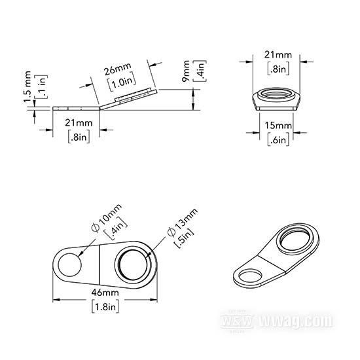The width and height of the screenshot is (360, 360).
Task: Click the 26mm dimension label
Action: pos(118,69)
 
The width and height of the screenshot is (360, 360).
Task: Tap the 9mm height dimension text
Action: pos(186,71)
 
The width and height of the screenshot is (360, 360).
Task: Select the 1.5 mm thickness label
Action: pos(27,87)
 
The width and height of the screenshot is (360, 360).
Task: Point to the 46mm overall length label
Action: pos(105,293)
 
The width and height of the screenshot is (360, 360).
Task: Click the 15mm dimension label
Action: pos(278,126)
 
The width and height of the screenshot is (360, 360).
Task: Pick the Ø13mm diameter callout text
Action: pos(183,222)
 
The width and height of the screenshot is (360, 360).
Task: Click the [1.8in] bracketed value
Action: pos(105,306)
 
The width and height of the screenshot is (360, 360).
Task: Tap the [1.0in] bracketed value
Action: pos(122,82)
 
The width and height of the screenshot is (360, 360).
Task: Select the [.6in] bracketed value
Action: pos(278,139)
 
